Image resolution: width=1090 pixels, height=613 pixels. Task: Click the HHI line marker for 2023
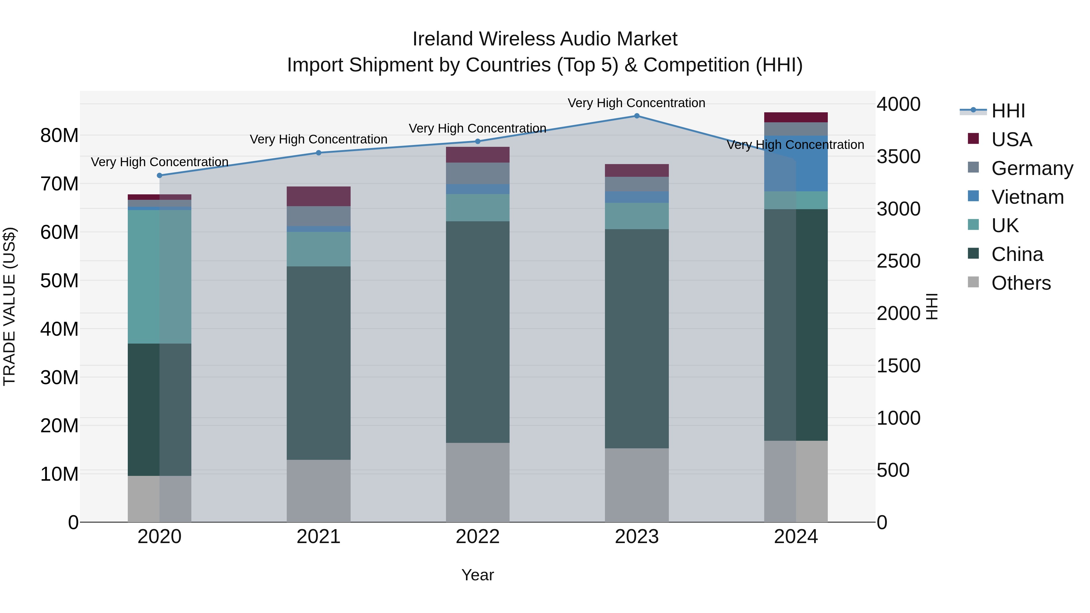[636, 116]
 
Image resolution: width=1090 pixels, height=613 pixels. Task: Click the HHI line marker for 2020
[160, 176]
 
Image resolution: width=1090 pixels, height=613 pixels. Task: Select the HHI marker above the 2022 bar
[478, 141]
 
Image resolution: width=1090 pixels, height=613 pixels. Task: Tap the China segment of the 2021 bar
[318, 363]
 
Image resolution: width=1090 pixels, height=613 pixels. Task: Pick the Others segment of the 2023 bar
[636, 485]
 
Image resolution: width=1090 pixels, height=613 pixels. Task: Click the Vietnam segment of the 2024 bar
[796, 163]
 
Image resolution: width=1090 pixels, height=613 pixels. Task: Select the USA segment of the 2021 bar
[318, 196]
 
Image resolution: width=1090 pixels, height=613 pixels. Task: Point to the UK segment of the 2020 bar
[160, 277]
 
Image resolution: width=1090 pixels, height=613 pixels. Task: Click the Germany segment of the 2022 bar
[478, 173]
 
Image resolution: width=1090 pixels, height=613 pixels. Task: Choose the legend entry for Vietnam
[1027, 197]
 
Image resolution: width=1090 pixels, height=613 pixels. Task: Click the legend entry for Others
[1021, 283]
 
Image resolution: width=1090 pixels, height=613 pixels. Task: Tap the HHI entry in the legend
[1008, 111]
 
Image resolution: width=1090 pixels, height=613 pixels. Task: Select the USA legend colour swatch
[973, 139]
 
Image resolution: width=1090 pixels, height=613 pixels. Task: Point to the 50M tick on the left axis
[59, 281]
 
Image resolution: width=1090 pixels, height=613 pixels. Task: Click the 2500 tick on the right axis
[898, 261]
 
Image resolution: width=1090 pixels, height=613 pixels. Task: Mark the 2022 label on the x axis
[478, 537]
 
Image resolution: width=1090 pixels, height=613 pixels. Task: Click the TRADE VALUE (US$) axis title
[10, 306]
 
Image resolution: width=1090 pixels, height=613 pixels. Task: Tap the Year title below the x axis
[478, 575]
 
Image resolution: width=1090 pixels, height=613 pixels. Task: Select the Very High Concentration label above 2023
[636, 103]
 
